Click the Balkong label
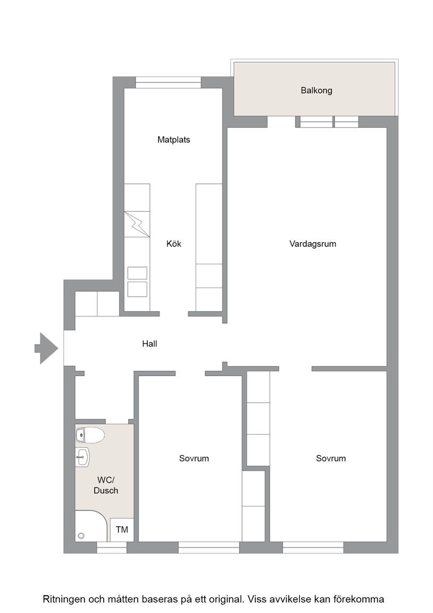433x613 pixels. click(x=316, y=90)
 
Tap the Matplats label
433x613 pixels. click(x=173, y=139)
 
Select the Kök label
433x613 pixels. click(x=174, y=244)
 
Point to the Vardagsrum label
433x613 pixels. click(x=313, y=244)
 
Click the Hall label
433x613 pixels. click(x=149, y=344)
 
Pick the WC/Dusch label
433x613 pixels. click(x=105, y=485)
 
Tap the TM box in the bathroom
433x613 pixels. click(x=122, y=530)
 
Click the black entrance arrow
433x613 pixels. click(x=46, y=349)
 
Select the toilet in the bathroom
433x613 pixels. click(x=90, y=435)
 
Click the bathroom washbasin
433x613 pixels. click(x=82, y=457)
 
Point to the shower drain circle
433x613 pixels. click(x=81, y=536)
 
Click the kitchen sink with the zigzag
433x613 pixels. click(x=137, y=224)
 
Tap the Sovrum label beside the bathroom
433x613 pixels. click(x=194, y=458)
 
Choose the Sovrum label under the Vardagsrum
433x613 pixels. click(x=331, y=458)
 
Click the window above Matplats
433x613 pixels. click(x=168, y=82)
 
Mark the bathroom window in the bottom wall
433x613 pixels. click(x=112, y=548)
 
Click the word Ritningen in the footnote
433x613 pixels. click(x=63, y=600)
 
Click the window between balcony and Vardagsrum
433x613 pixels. click(x=327, y=122)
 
